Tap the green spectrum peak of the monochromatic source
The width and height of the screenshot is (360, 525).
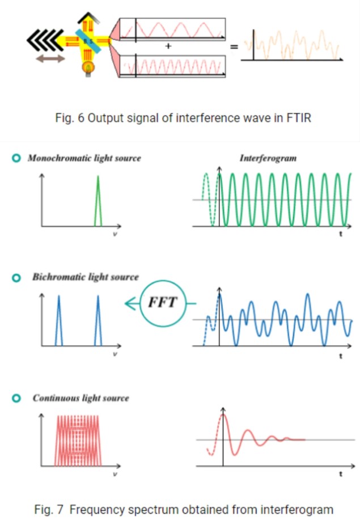coord(98,201)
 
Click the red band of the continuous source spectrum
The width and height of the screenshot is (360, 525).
coord(78,441)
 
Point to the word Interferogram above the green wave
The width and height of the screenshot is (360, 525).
coord(268,158)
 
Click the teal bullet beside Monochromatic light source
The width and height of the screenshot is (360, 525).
coord(16,158)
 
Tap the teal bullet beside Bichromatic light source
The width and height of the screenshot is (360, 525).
coord(16,278)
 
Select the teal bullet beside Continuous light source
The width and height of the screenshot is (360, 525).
coord(16,398)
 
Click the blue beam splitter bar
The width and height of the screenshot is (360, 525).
coord(88,41)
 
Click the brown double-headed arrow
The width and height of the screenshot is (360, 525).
coord(50,58)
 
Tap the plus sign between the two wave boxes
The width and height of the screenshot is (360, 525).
coord(168,46)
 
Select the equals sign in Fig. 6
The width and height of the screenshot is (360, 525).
coord(234,47)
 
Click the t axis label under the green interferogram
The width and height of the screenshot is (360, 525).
coord(341,234)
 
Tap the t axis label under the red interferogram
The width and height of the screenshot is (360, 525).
coord(341,474)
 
